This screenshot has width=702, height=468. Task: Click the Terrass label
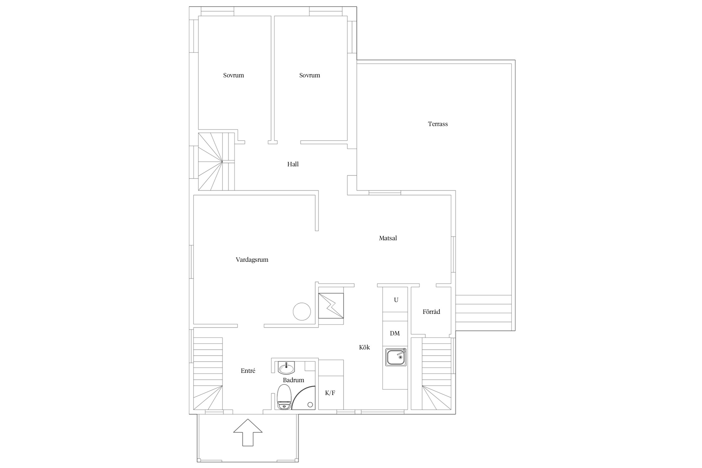coord(438,124)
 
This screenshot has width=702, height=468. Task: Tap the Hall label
coord(293,164)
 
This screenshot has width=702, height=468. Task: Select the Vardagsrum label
coord(252,260)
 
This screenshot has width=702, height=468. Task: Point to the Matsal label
coord(388,238)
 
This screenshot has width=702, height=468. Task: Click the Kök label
coord(364,347)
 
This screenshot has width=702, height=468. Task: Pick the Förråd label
coord(431,311)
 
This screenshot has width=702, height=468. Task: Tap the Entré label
coord(248,371)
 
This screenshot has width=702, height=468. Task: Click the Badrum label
coord(294,380)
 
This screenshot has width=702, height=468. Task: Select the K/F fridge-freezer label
coord(330,393)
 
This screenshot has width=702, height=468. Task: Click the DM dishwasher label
coord(395,333)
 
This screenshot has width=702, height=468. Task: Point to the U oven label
coord(396,300)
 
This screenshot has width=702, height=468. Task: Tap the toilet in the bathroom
coord(284,397)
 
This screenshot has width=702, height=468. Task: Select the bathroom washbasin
coord(286,368)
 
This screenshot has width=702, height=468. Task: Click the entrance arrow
coord(248,432)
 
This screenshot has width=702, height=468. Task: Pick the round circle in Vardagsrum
coord(302,311)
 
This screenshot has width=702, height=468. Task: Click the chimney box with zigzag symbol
coord(331,306)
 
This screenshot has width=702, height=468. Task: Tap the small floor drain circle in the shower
coord(310,405)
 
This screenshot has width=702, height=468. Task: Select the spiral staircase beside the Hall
coord(216,162)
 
